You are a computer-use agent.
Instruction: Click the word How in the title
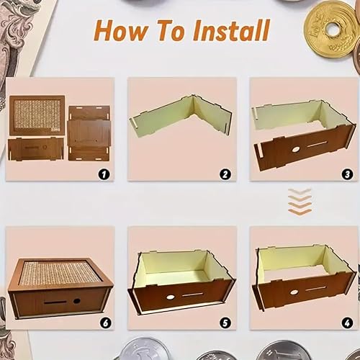click(x=121, y=31)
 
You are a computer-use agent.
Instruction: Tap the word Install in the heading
click(x=231, y=30)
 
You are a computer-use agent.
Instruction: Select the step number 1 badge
click(x=104, y=174)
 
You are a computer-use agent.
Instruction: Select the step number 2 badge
click(x=225, y=174)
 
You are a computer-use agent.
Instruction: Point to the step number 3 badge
click(x=347, y=174)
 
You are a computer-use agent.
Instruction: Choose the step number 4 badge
click(x=347, y=323)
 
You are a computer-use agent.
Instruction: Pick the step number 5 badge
click(x=225, y=323)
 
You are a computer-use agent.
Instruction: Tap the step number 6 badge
click(x=106, y=323)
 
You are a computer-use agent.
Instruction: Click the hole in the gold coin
click(x=333, y=30)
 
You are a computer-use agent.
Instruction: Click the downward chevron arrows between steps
click(x=300, y=202)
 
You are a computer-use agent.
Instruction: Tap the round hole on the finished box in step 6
click(x=77, y=301)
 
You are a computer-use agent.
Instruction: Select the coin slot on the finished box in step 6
click(x=55, y=302)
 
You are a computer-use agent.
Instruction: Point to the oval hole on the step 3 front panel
click(x=295, y=150)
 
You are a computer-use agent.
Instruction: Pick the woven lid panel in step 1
click(x=37, y=115)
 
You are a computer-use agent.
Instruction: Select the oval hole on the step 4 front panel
click(x=293, y=292)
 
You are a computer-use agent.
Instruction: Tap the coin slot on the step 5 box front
click(x=192, y=294)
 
